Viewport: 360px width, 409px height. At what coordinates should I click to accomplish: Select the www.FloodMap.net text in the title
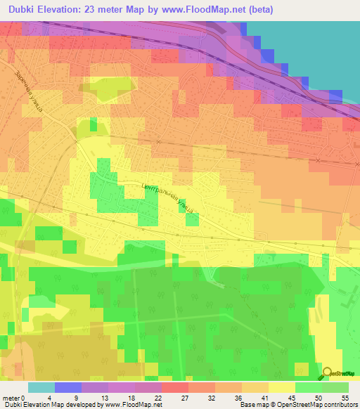point(202,10)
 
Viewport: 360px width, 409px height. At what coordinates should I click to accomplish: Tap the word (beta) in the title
point(256,10)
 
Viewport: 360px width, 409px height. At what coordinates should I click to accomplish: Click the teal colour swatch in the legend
point(41,387)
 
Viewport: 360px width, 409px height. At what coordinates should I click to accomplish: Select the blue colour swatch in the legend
point(67,387)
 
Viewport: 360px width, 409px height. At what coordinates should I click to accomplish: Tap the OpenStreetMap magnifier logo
point(328,373)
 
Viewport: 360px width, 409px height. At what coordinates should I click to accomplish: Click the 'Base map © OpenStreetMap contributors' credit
point(300,405)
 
